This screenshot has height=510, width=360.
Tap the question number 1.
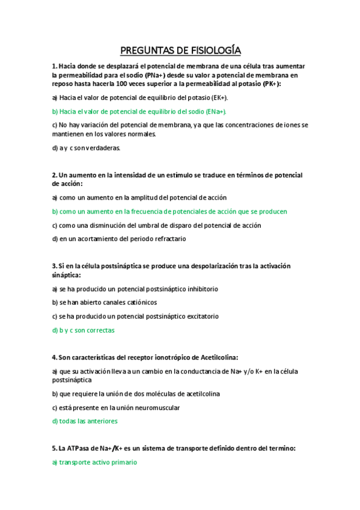[x=54, y=66]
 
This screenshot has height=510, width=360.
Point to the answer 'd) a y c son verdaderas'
[x=87, y=147]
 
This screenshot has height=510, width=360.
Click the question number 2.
[x=54, y=175]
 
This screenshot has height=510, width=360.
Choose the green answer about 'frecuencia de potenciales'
[x=169, y=212]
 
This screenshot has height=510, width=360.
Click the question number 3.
[x=54, y=266]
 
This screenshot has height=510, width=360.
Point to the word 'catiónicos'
[x=139, y=303]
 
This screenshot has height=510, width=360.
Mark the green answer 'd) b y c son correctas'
[x=83, y=330]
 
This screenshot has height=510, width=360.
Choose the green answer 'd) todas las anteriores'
[x=85, y=422]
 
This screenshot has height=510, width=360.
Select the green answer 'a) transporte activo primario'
[x=94, y=462]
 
